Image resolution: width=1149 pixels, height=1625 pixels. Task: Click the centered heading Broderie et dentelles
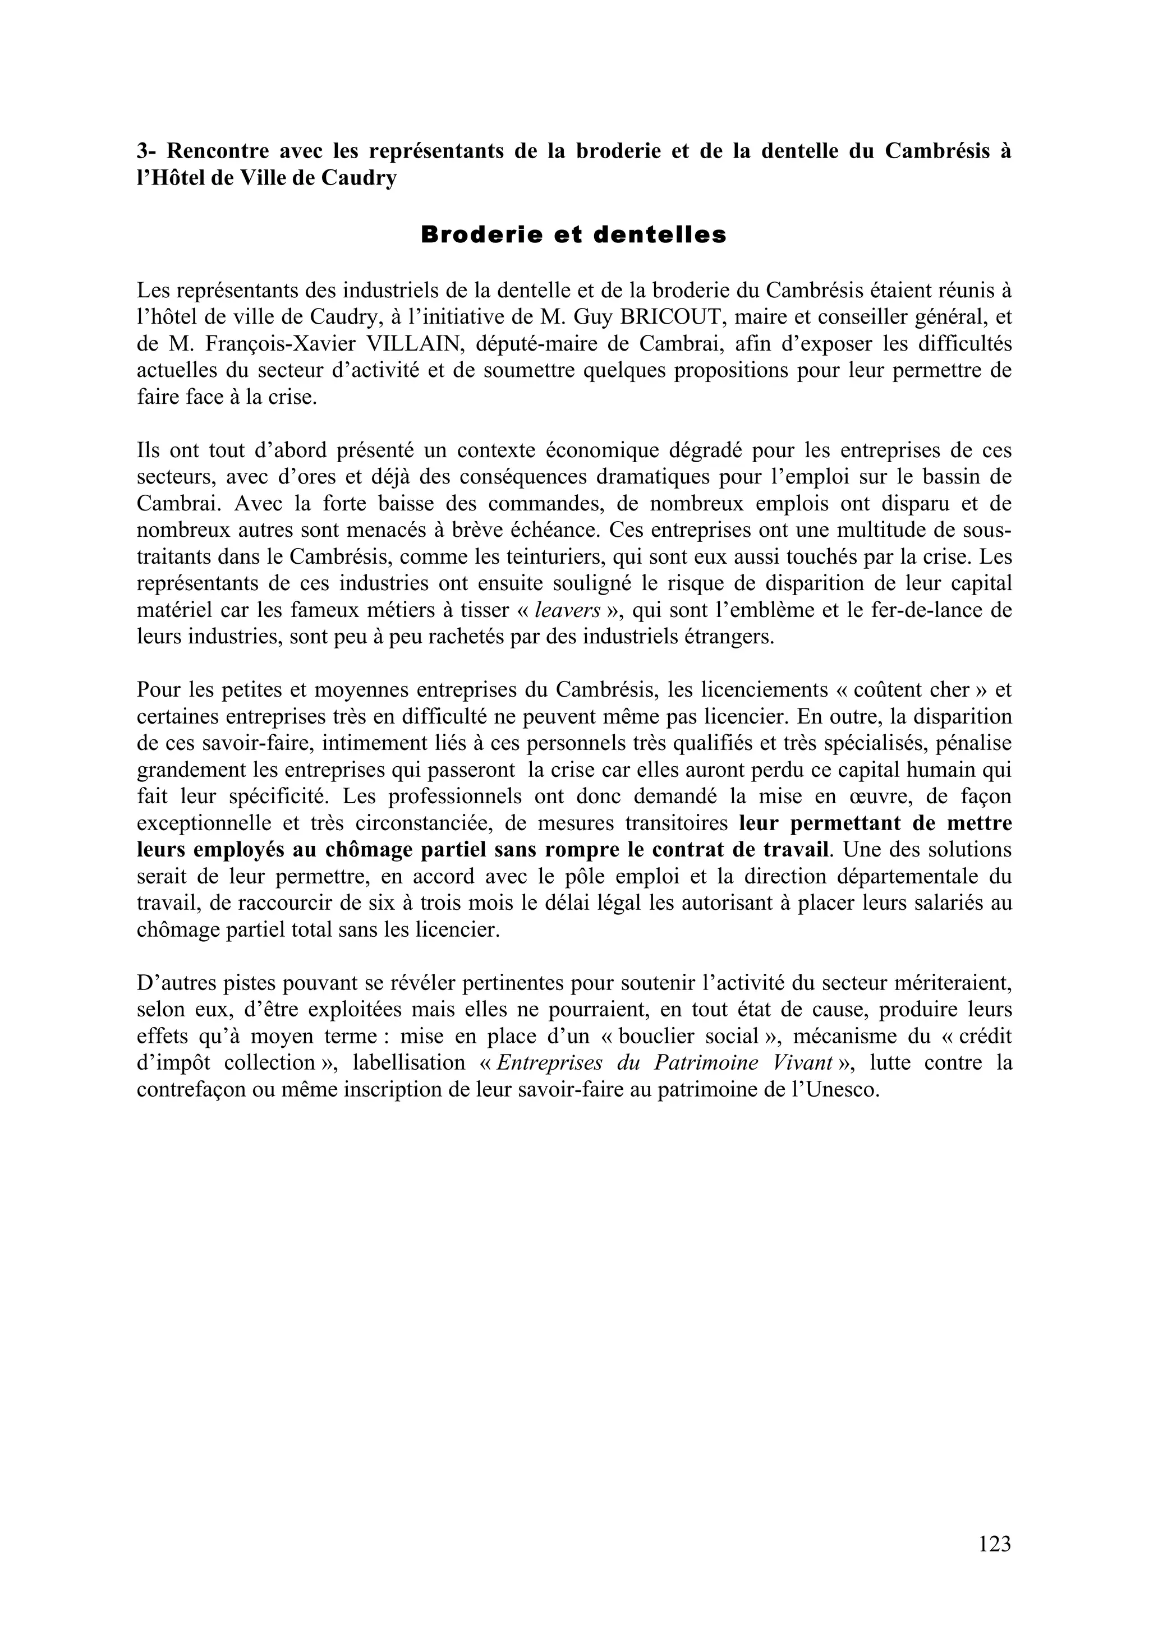pos(573,235)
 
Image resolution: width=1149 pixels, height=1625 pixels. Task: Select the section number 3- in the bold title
pos(146,151)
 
